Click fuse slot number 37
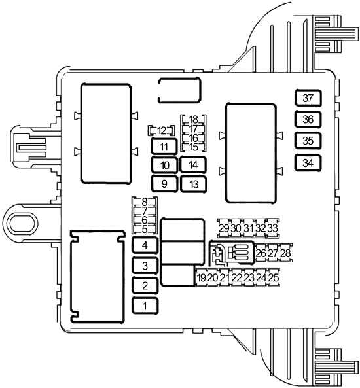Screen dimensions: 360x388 coord(308,98)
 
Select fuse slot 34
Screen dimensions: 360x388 coord(308,163)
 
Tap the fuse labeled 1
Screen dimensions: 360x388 coord(145,306)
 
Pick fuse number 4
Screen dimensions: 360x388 coord(145,245)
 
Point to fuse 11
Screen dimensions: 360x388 coord(164,147)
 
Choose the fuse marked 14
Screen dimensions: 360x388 coord(193,165)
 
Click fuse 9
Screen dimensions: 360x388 coord(164,184)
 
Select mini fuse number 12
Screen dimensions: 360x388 coord(162,131)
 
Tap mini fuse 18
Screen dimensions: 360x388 coord(193,120)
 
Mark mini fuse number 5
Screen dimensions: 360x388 coord(145,230)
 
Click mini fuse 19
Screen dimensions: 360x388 coord(202,277)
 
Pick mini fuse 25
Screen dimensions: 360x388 coord(274,277)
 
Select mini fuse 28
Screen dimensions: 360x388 coord(286,253)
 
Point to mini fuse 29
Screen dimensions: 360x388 coord(224,228)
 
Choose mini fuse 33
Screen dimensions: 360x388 coord(272,228)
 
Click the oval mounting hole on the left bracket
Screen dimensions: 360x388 coord(20,224)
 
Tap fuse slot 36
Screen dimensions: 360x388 coord(308,120)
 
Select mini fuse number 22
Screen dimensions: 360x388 coord(237,277)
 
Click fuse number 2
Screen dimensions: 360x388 coord(145,286)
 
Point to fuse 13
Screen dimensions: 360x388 coord(193,184)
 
